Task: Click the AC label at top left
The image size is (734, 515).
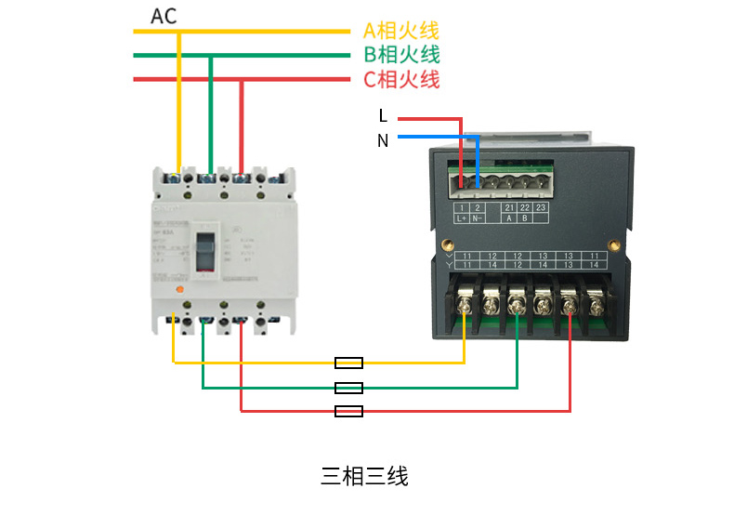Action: click(164, 16)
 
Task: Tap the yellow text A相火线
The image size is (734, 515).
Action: click(401, 31)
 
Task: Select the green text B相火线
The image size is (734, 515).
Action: click(401, 55)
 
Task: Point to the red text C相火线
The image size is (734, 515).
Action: click(401, 79)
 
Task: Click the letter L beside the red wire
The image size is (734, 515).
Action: click(383, 116)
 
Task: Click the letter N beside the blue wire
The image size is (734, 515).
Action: click(383, 140)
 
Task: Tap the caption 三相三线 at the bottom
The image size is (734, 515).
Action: click(364, 477)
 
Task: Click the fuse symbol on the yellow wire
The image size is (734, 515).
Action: click(348, 363)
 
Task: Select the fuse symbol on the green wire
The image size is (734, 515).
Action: click(348, 387)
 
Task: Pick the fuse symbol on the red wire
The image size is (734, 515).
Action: click(348, 410)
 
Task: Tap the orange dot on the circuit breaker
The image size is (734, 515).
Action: click(181, 291)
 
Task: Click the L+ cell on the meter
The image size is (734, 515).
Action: click(463, 218)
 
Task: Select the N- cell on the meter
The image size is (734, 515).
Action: click(478, 218)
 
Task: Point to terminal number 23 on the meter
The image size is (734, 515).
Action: click(541, 207)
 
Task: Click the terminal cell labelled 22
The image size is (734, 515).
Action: click(525, 207)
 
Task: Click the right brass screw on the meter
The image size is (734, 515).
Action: click(613, 244)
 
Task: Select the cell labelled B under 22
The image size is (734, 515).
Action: click(525, 218)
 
